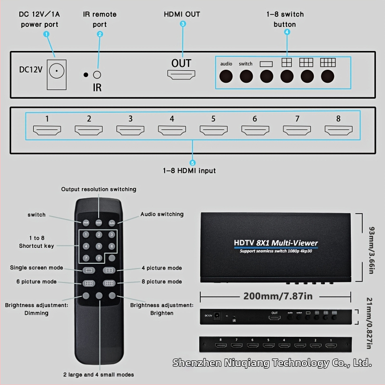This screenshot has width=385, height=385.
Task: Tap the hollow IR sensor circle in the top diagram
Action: pos(97,75)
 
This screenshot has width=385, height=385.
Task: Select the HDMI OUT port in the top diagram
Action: pos(181,75)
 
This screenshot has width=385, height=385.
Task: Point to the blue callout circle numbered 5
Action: pos(192,163)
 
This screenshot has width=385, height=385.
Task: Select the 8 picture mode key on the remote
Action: pos(110,283)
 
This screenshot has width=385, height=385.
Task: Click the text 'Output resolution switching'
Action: pos(99,189)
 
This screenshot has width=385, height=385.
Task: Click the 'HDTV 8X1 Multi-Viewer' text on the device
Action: pos(276,243)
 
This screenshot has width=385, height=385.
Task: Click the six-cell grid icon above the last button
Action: pos(328,63)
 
